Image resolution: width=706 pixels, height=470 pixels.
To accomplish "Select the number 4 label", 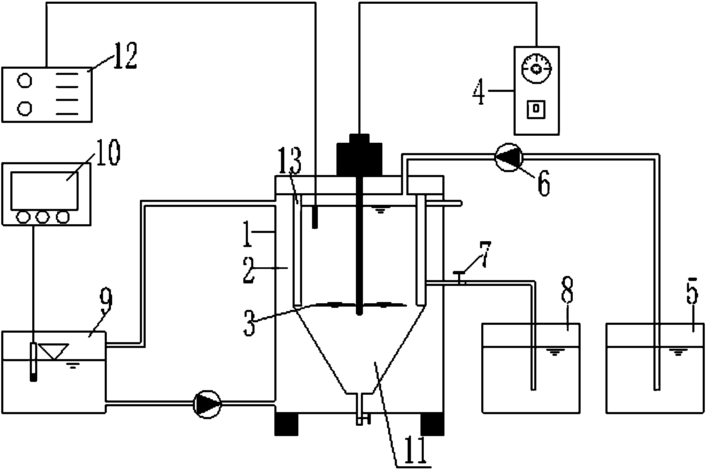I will tap(479, 92).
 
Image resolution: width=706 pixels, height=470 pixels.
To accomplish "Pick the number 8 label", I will tap(567, 292).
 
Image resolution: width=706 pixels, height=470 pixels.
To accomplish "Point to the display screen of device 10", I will tap(44, 190).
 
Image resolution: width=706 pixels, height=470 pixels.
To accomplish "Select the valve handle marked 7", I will tap(459, 273).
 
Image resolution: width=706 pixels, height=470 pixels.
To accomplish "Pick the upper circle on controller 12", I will tap(24, 80).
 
